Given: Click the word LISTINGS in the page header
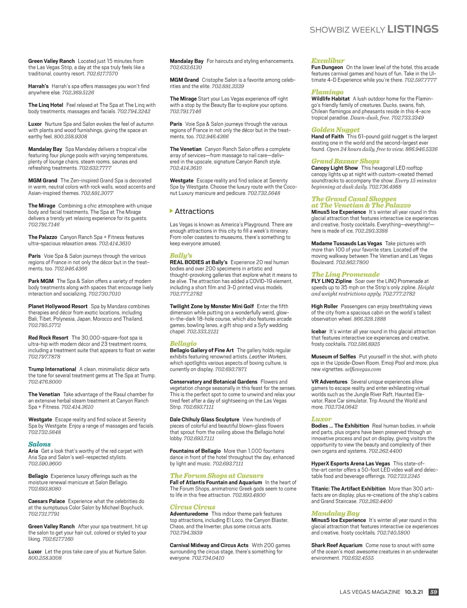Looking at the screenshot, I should pos(413,29).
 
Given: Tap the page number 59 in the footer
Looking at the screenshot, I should pos(433,592).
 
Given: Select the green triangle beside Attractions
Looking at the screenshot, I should pos(171,211).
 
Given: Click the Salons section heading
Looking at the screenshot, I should pos(39,444).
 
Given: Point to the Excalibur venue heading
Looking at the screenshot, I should pos(328,61).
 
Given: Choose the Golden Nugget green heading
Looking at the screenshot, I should pos(335,130).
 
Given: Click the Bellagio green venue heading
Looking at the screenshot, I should pos(183,344).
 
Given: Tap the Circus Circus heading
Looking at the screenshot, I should pos(192,507).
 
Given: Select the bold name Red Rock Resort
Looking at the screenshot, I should pos(48,338).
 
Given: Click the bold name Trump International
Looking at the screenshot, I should pos(52,369).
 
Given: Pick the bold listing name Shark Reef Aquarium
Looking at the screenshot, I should pos(337,545).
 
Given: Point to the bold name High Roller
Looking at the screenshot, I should pos(324,306).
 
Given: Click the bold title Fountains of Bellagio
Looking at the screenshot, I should pos(195,451).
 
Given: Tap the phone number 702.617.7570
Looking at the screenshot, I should pos(102,73).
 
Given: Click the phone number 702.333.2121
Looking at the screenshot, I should pos(203,332).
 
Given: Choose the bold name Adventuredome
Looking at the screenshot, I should pos(189,514).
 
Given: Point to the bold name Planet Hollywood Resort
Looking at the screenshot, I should pos(58,306).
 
